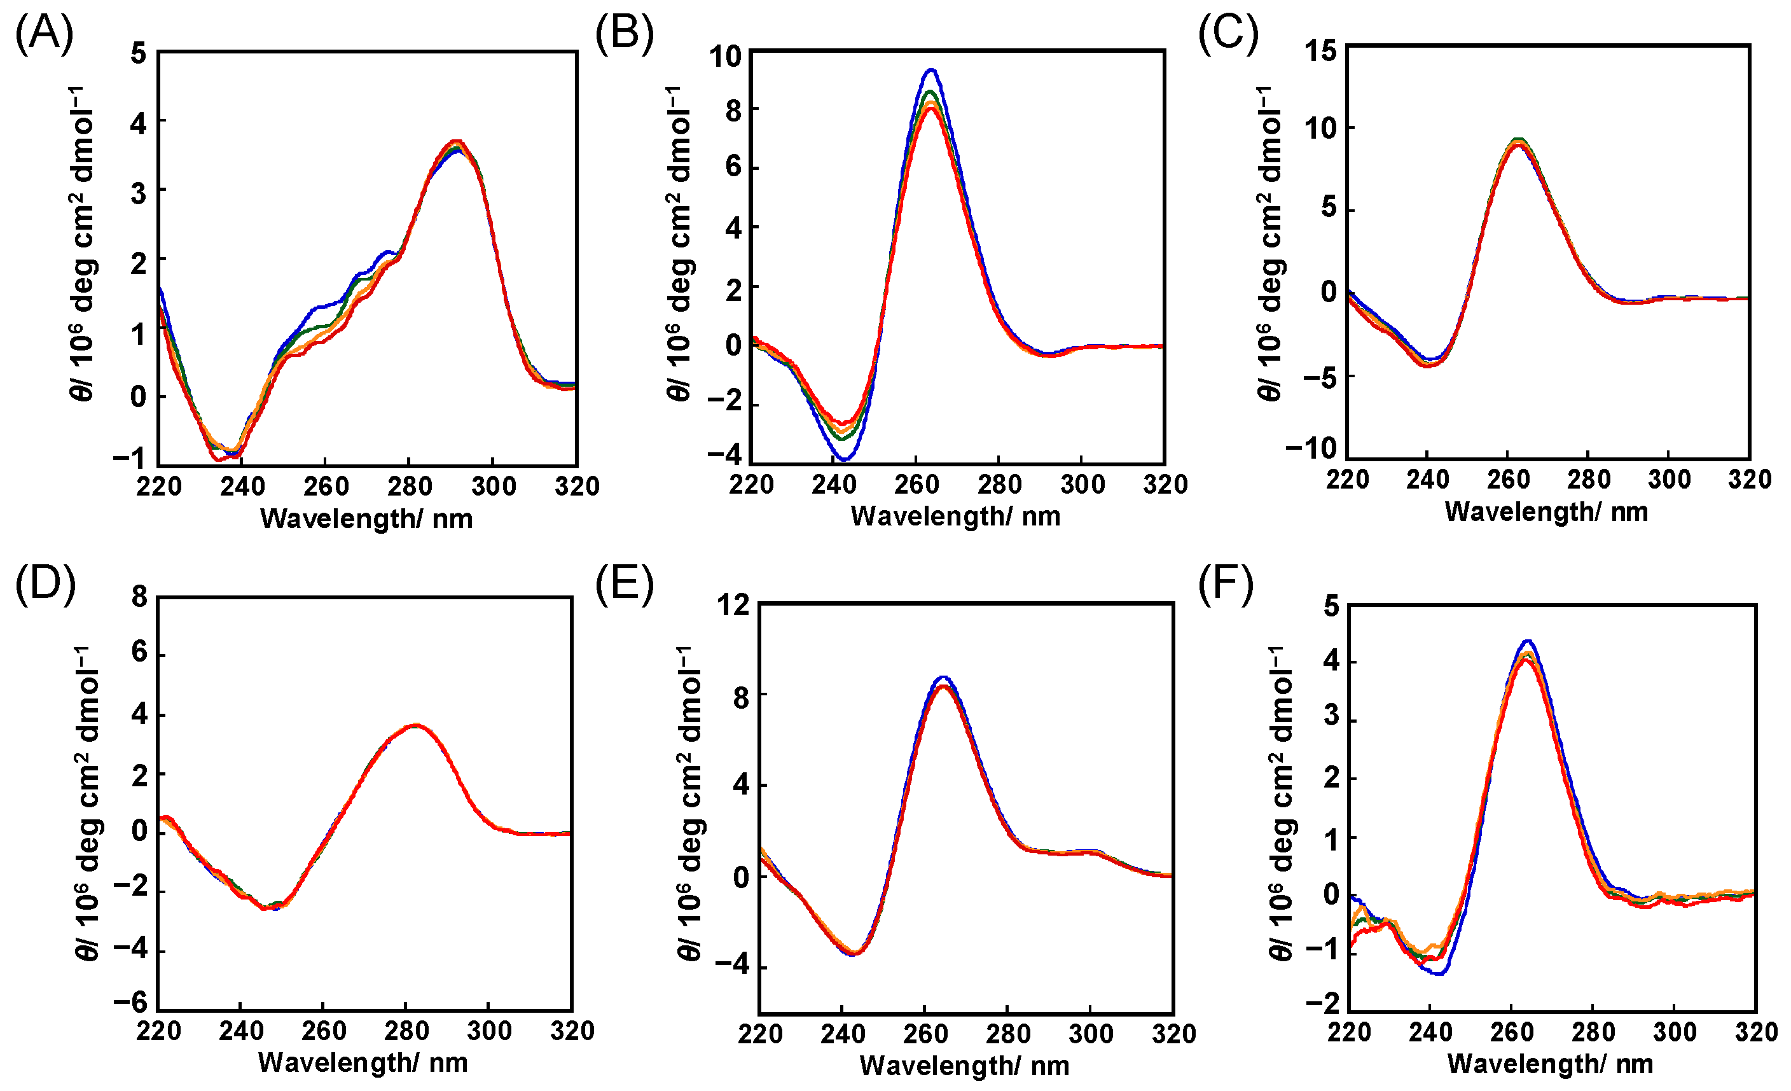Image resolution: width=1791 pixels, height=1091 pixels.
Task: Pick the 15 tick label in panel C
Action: coord(1319,51)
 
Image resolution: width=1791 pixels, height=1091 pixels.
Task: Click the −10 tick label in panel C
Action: coord(1311,448)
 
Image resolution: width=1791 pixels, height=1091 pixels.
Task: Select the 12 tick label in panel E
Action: coord(733,605)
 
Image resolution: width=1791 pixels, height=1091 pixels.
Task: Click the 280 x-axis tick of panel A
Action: coord(409,485)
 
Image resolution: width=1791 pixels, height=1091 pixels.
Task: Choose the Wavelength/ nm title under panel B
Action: coord(955,516)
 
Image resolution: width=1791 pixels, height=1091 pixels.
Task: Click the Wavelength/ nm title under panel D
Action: coord(363,1062)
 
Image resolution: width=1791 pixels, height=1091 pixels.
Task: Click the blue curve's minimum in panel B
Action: coord(844,459)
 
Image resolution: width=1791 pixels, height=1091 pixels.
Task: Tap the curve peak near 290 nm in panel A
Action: coord(456,142)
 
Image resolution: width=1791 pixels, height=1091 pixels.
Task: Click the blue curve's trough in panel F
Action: coord(1438,973)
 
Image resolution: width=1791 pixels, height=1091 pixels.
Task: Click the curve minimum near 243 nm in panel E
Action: coord(854,954)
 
